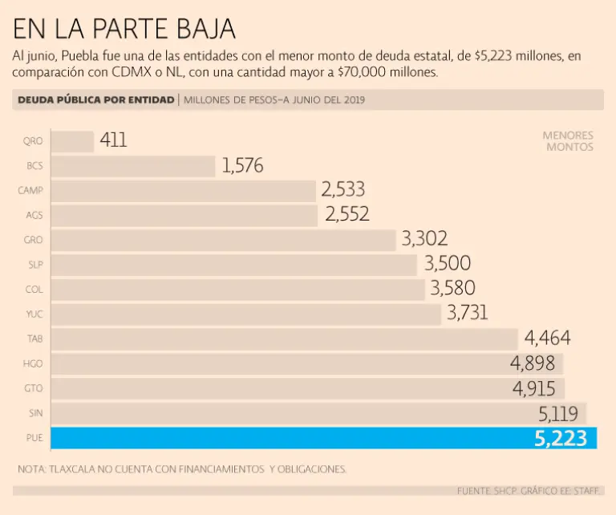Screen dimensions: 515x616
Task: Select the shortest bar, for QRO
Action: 72,141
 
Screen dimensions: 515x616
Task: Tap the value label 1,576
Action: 242,166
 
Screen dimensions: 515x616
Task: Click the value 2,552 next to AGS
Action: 347,214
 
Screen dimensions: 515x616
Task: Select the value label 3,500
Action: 447,264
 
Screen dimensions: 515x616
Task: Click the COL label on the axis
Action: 34,290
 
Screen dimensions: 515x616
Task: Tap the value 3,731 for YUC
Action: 466,314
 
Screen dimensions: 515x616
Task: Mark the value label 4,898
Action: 533,363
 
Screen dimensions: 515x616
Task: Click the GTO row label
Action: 34,388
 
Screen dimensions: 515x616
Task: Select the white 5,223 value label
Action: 561,439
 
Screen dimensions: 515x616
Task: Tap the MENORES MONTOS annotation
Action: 568,141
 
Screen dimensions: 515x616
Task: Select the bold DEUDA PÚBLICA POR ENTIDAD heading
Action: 95,99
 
